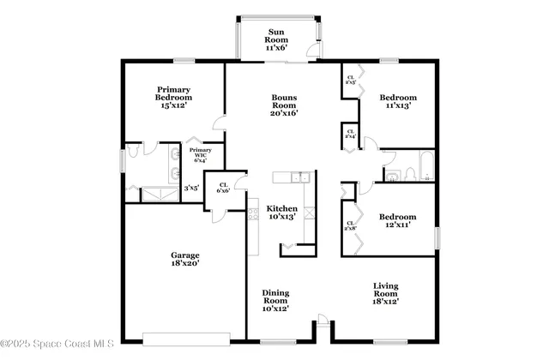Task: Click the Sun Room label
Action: (275, 40)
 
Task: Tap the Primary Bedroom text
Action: (172, 97)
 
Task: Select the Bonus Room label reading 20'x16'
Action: (284, 107)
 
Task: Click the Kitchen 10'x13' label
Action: (282, 213)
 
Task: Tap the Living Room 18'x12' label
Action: (385, 293)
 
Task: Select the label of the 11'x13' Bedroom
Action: (398, 102)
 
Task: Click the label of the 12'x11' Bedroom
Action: (398, 222)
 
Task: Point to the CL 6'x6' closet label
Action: (223, 187)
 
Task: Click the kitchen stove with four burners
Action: (253, 211)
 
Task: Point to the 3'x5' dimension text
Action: (192, 186)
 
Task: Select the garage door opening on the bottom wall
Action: (187, 336)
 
